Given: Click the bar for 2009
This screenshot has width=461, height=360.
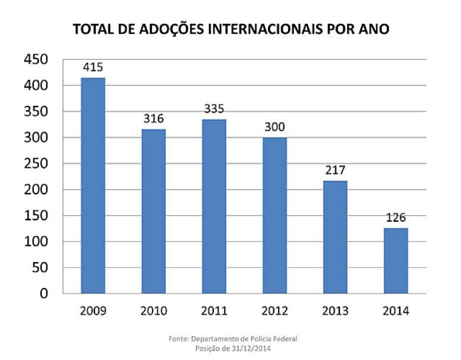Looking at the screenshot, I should coord(93,186).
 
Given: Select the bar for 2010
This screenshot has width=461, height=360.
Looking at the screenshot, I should coord(153,211).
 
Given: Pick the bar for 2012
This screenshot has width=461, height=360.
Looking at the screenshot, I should coord(275,215).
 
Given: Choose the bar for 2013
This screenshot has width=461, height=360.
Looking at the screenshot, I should coord(335,237).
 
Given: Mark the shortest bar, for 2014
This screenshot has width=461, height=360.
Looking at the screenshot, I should coord(395,261).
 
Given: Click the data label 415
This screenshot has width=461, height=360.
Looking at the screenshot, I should coord(93,67).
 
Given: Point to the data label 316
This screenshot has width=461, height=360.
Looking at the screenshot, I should coord(153,118).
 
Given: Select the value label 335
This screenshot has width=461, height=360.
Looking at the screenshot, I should coord(214,108).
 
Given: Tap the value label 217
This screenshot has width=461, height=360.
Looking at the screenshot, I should coord(335,170).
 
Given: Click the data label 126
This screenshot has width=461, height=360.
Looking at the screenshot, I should coord(395,217).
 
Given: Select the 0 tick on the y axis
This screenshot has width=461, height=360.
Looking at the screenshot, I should coord(43,293).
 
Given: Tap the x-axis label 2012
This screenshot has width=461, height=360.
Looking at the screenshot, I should coord(275,311).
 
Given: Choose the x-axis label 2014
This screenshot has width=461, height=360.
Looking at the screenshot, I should coord(395,311).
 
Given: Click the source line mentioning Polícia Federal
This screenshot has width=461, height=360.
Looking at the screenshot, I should coord(232,339).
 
